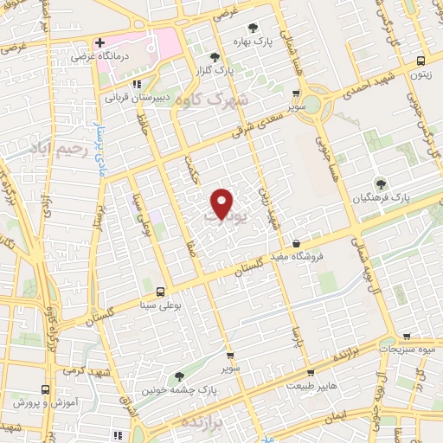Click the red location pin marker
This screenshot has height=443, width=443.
click(x=222, y=203)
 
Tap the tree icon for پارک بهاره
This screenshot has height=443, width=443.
click(x=253, y=28)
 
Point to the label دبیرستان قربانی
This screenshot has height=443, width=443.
click(x=139, y=98)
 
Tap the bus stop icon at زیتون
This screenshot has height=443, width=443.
click(x=421, y=61)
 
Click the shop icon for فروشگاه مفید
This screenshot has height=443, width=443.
click(x=297, y=244)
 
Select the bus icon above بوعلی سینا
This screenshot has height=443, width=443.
click(x=161, y=291)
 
